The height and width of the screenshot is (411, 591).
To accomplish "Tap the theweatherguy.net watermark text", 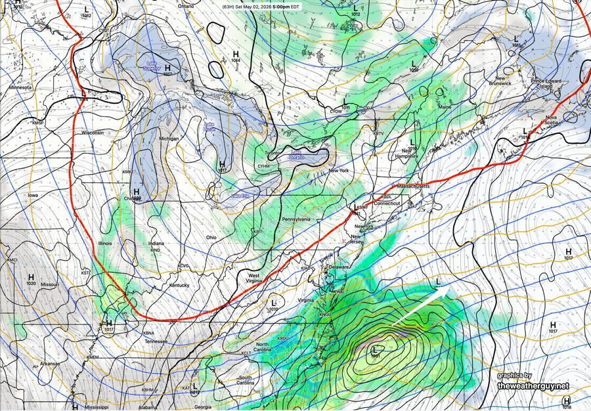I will coord(533,386).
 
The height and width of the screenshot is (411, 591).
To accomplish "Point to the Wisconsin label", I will coord(93,133).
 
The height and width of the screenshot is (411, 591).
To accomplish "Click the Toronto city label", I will coord(273,152).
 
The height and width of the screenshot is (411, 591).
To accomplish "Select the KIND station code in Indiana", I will coord(155,250).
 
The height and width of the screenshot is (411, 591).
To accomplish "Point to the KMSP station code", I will coord(38,123).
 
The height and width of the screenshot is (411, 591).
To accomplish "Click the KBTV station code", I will coord(378,133).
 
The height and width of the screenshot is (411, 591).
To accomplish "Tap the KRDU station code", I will coord(283,338).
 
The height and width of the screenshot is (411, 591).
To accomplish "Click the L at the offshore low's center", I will coord(375,349).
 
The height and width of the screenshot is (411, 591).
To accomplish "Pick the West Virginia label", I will coord(253,278).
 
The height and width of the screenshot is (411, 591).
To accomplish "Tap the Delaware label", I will coord(339,267).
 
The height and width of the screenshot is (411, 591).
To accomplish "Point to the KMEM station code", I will coord(93,357).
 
